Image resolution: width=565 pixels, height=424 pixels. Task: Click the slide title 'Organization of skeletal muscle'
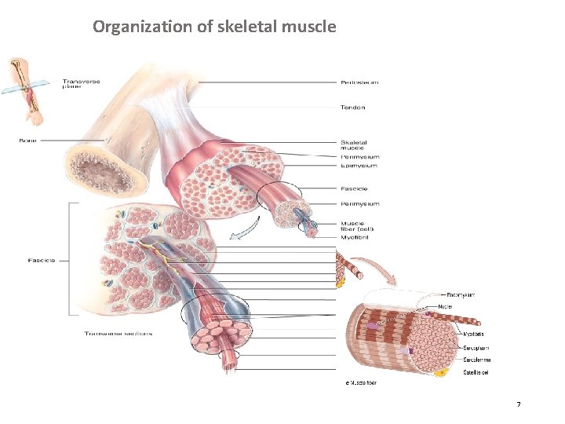[x=214, y=27]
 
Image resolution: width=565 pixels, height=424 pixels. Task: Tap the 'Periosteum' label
[x=360, y=82]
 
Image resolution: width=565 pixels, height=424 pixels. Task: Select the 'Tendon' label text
[x=352, y=108]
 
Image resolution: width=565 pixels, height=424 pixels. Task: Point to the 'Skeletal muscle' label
[x=354, y=144]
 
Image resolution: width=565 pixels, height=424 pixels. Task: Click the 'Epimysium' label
[x=359, y=166]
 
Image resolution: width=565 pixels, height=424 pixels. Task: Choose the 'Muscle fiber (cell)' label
[x=357, y=226]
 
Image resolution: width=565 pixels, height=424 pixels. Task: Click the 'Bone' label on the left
[x=27, y=141]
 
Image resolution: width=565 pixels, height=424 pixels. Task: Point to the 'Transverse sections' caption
[x=118, y=334]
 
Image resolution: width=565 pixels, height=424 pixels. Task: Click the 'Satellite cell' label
[x=476, y=372]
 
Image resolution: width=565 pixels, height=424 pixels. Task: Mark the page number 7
[x=518, y=404]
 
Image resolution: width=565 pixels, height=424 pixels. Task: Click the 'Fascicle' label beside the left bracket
[x=42, y=260]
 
